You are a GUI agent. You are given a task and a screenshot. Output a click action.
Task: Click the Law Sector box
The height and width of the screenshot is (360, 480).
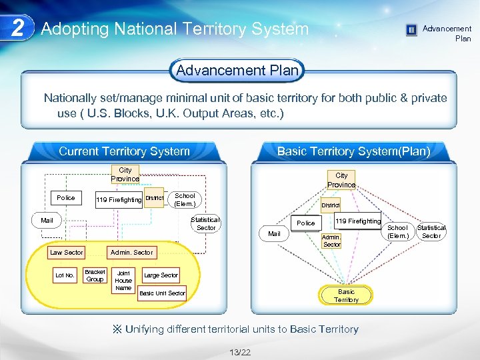tap(67, 252)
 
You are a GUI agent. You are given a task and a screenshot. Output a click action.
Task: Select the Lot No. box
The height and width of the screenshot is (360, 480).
tap(65, 275)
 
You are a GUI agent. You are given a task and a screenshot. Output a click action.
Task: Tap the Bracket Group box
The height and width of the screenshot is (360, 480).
tap(95, 275)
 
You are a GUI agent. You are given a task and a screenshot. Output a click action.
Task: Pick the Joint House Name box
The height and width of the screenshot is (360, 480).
tap(123, 280)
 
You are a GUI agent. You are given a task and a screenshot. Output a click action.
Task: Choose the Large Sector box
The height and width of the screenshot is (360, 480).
tap(161, 275)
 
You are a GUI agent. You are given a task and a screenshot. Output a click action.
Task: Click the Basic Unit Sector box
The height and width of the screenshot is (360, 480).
tap(162, 293)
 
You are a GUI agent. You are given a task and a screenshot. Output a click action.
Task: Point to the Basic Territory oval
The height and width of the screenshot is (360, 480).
tap(346, 295)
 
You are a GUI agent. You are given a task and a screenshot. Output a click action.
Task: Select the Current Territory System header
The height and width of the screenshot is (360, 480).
tap(124, 151)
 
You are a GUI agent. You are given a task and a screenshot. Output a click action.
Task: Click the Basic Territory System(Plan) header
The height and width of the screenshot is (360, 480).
tap(353, 151)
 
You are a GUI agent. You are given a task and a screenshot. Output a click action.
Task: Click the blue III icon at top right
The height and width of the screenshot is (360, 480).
tap(411, 30)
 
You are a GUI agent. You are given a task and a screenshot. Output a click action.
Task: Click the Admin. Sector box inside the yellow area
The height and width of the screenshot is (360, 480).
tap(131, 252)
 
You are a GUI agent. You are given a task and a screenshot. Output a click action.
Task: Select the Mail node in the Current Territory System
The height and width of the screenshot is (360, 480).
tap(47, 220)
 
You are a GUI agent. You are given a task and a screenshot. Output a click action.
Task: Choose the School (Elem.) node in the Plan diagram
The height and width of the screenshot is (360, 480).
tap(397, 231)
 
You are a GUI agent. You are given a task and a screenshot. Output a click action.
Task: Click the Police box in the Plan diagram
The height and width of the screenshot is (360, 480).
tap(306, 223)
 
